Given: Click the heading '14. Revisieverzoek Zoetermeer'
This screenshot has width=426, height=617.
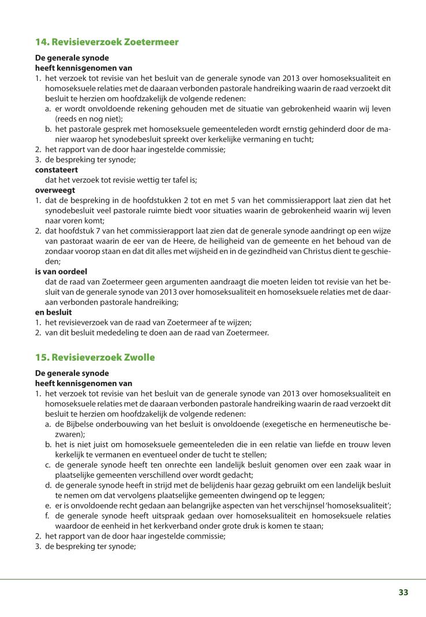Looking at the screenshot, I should pyautogui.click(x=107, y=42).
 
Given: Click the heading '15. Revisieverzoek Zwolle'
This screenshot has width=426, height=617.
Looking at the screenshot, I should pyautogui.click(x=95, y=357).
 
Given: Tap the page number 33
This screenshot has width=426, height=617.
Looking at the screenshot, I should pyautogui.click(x=403, y=592).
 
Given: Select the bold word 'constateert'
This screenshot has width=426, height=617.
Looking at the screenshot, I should pyautogui.click(x=57, y=170).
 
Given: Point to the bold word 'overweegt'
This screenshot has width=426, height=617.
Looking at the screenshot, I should pyautogui.click(x=55, y=189).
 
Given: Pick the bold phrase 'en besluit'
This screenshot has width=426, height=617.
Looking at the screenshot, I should pyautogui.click(x=54, y=311).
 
